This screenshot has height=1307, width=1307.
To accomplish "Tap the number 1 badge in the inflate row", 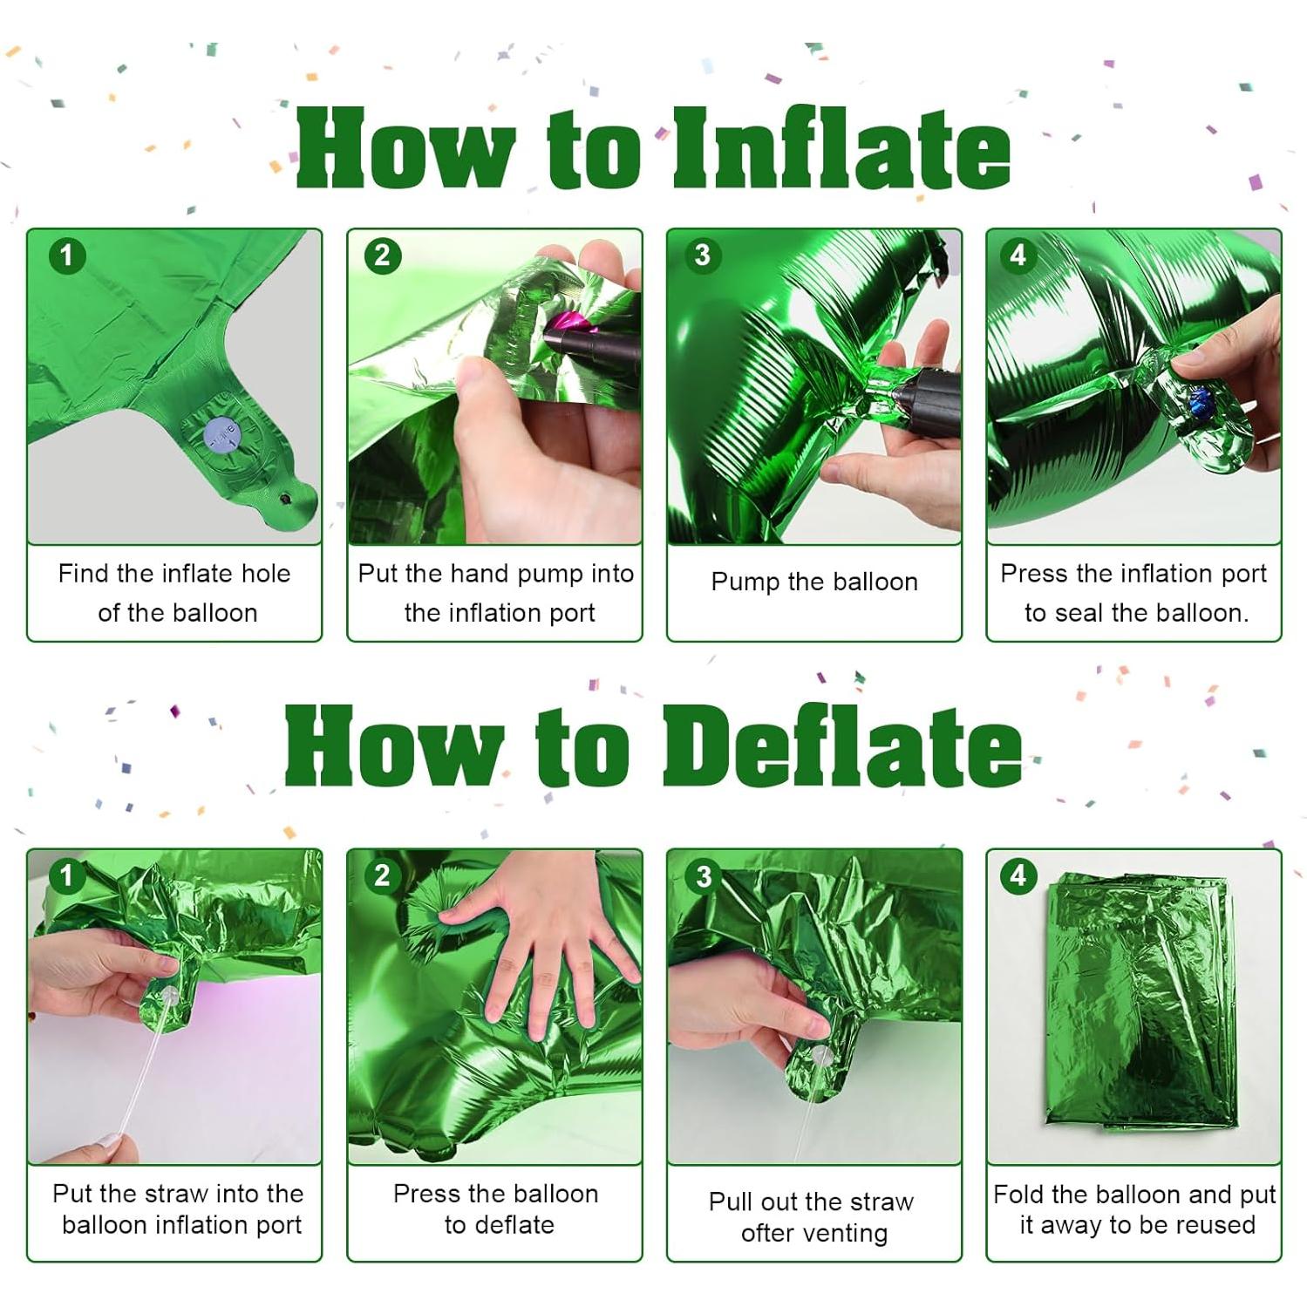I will [67, 255].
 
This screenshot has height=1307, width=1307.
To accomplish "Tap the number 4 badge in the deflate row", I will [1018, 875].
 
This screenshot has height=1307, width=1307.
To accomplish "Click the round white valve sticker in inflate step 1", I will [220, 434].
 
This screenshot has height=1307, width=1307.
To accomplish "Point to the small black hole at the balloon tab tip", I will [285, 500].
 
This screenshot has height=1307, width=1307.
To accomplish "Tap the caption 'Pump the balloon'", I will [814, 582].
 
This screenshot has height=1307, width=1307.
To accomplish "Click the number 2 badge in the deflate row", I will [382, 875].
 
